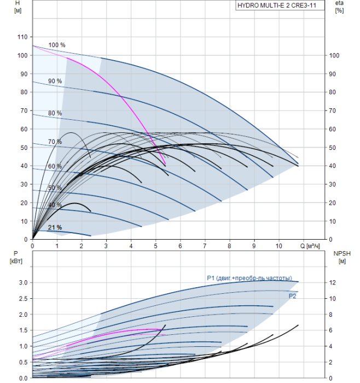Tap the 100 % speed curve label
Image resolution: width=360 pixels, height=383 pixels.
pyautogui.click(x=56, y=45)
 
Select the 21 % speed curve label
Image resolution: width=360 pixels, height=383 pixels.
pyautogui.click(x=55, y=227)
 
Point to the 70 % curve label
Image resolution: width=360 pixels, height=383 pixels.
pyautogui.click(x=55, y=142)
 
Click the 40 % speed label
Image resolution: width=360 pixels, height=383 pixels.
pyautogui.click(x=55, y=205)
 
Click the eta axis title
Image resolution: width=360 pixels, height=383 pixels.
pyautogui.click(x=339, y=3)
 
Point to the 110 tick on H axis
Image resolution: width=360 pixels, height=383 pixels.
pyautogui.click(x=22, y=37)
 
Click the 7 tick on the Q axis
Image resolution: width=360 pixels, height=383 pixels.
pyautogui.click(x=205, y=247)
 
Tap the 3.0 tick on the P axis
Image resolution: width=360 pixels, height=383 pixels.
pyautogui.click(x=22, y=282)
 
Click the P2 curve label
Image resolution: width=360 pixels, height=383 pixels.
pyautogui.click(x=293, y=295)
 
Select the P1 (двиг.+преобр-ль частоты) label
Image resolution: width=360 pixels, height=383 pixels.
pyautogui.click(x=249, y=278)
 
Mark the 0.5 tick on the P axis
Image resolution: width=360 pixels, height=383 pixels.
pyautogui.click(x=22, y=362)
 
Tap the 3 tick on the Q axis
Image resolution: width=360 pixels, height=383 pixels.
pyautogui.click(x=106, y=247)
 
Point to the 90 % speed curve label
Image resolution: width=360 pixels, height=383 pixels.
pyautogui.click(x=55, y=81)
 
